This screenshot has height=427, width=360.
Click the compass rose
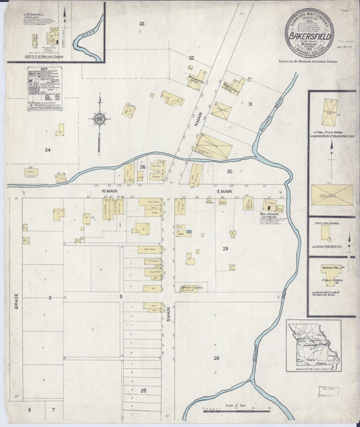99,120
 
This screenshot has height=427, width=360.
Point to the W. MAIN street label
109,191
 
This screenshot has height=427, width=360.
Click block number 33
142,24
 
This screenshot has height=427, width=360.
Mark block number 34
48,149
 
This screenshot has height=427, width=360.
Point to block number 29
216,357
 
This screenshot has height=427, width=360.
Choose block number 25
143,391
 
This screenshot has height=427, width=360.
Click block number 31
250,104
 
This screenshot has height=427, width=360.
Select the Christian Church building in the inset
326,233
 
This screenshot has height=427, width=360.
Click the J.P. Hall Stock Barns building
330,112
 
